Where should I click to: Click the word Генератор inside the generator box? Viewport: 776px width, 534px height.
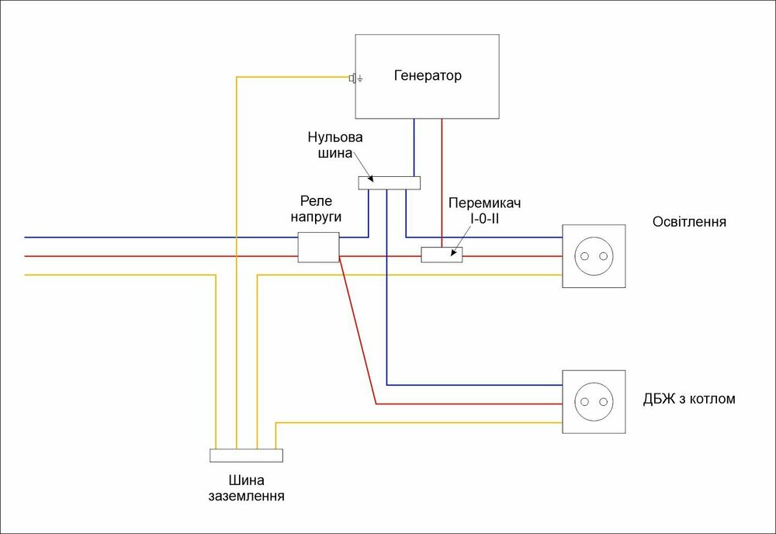(427, 76)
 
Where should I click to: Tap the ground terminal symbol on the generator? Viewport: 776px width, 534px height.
(355, 78)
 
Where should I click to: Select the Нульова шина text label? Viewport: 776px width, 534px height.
(335, 145)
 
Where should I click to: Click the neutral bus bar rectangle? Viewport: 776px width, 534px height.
(389, 183)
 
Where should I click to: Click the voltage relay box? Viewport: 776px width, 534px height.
(318, 247)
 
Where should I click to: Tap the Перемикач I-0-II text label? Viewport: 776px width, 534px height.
(484, 210)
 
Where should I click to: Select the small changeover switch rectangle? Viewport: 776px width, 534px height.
(442, 255)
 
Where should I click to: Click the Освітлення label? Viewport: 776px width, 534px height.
(690, 221)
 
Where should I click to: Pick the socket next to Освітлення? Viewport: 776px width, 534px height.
(593, 256)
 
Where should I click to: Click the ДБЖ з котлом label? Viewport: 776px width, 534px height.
(689, 400)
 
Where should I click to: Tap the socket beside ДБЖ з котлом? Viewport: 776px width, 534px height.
(593, 400)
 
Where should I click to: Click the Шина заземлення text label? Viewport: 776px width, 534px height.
(246, 487)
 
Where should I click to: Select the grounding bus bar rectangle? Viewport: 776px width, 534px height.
(246, 456)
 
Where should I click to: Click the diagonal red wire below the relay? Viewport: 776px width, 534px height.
(357, 334)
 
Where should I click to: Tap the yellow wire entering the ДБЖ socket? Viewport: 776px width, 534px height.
(419, 423)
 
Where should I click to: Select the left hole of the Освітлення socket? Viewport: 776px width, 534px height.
(584, 256)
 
